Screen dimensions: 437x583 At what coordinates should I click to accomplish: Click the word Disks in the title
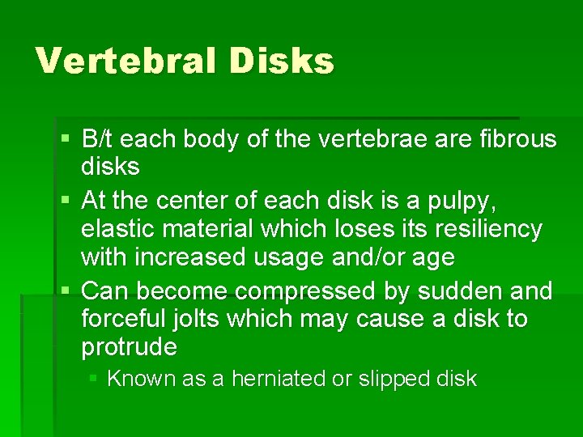coord(287,61)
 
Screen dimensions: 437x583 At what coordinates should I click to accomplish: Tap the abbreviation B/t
coord(100,139)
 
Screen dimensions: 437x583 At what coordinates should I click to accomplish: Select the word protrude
coord(130,348)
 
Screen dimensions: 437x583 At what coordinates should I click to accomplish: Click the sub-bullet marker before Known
coord(95,378)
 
